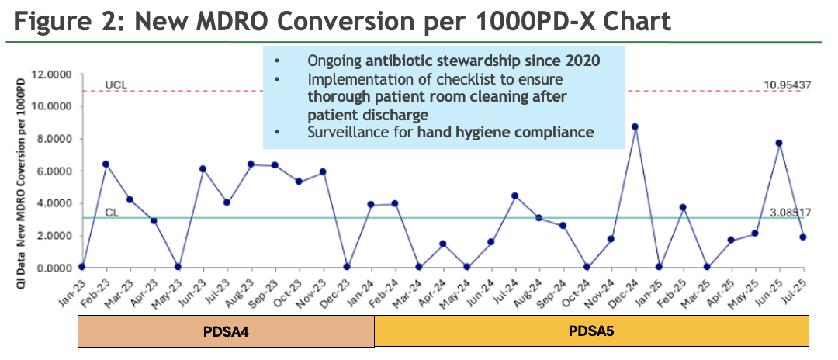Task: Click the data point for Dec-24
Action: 635,126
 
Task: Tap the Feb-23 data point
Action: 106,164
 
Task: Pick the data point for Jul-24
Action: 514,196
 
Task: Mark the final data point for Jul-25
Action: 803,237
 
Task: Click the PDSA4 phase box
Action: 226,331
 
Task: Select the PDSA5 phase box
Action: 591,331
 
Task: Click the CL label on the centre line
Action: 112,213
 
